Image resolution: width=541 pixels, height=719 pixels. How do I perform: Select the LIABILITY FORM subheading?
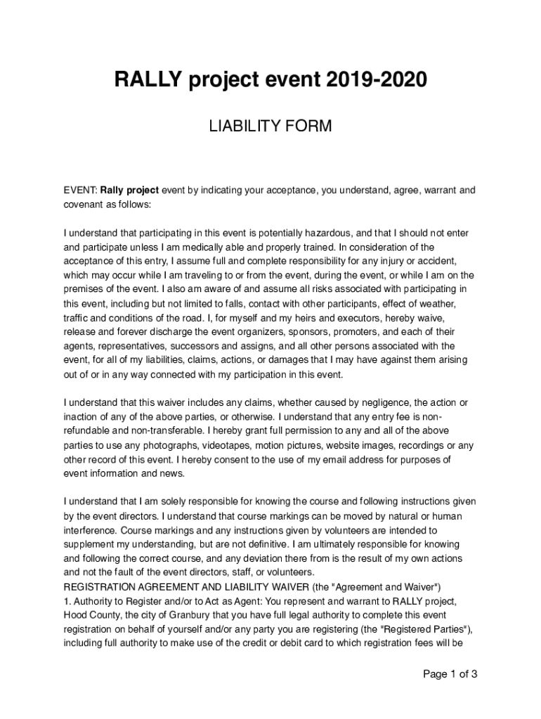270,126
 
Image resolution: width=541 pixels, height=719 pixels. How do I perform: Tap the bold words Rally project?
130,190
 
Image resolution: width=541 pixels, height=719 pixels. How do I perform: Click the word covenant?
83,204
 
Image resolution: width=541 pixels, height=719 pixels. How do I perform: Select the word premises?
84,289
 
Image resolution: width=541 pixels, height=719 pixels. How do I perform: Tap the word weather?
440,303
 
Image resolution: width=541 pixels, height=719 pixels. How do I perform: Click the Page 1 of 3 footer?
450,675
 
